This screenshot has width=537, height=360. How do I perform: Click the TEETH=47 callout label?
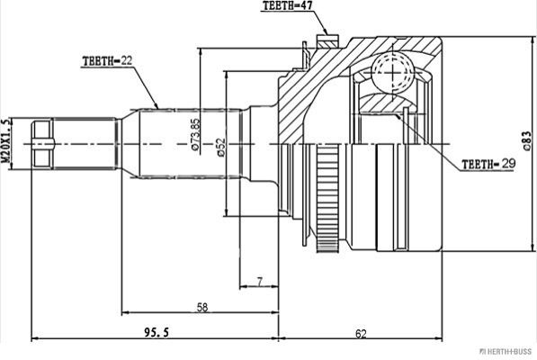pos(287,5)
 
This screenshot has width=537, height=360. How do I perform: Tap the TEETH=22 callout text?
pos(107,61)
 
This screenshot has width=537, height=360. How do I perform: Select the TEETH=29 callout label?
pos(488,164)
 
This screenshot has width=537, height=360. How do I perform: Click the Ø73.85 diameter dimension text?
pos(195,134)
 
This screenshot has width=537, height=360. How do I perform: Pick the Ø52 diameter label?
pos(221,148)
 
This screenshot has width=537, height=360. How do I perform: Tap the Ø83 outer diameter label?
pos(527,140)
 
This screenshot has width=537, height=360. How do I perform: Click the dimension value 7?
pos(260,282)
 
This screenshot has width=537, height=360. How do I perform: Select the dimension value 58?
pos(202,307)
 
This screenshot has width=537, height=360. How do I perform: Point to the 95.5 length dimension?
pos(157,332)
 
